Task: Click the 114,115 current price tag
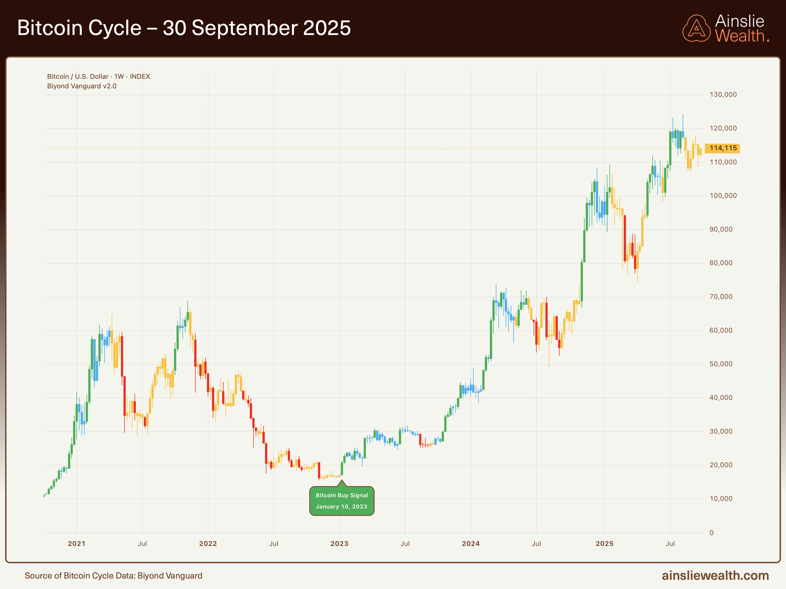point(723,148)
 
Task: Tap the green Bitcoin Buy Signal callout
point(341,500)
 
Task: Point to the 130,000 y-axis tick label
point(723,95)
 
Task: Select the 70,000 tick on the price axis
point(721,297)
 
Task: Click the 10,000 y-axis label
point(721,499)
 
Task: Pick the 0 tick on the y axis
point(712,533)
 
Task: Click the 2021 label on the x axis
point(76,544)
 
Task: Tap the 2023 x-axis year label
point(339,544)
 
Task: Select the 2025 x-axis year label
point(604,544)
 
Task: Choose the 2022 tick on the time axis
point(208,544)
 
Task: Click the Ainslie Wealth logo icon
point(696,28)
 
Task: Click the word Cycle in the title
point(115,28)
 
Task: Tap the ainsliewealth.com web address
point(715,575)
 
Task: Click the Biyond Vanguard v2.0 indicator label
point(82,86)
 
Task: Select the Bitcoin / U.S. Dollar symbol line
point(98,76)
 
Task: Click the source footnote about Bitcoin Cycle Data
point(114,575)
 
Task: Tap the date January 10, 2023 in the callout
point(341,507)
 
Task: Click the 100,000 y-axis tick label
point(723,196)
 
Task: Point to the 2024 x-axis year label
point(471,544)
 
